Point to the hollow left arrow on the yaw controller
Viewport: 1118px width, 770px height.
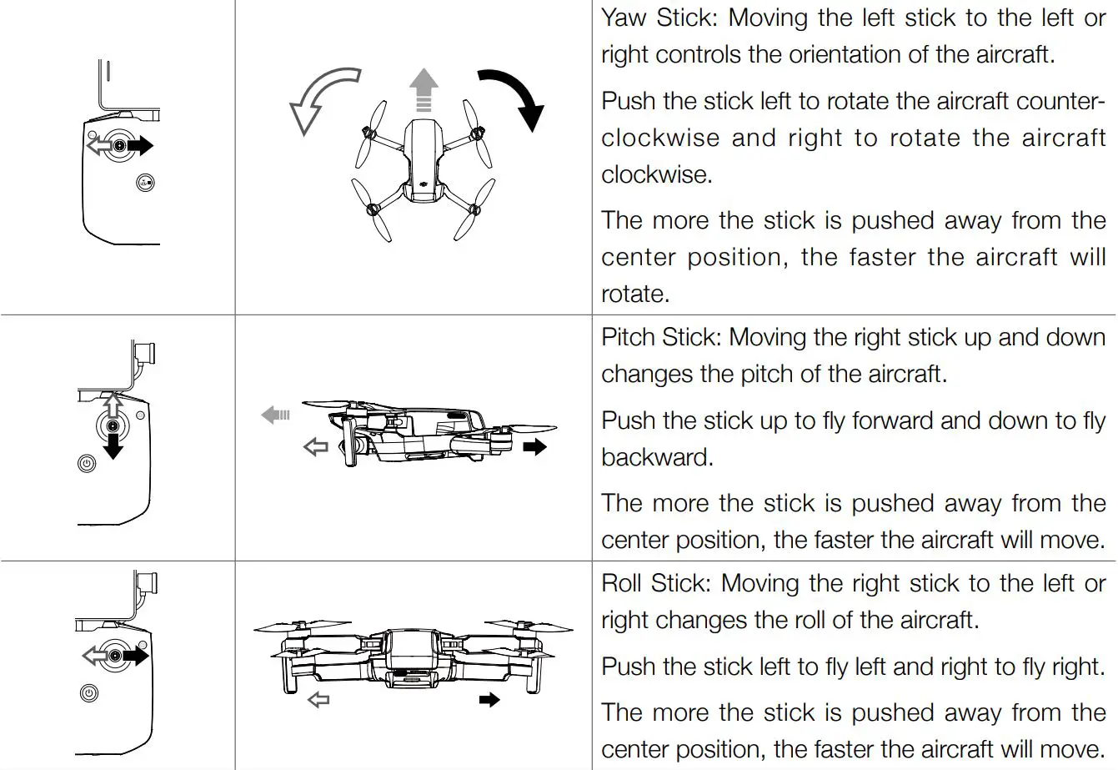(98, 147)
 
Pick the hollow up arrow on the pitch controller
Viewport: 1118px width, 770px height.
(113, 404)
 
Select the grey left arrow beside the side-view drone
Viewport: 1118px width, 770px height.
(275, 414)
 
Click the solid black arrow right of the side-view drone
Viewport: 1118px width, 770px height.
(534, 447)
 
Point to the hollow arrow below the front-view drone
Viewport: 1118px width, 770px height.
(318, 699)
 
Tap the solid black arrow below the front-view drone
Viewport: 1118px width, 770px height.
(489, 699)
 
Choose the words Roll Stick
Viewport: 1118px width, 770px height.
(655, 583)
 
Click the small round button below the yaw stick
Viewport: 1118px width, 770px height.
(145, 184)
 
